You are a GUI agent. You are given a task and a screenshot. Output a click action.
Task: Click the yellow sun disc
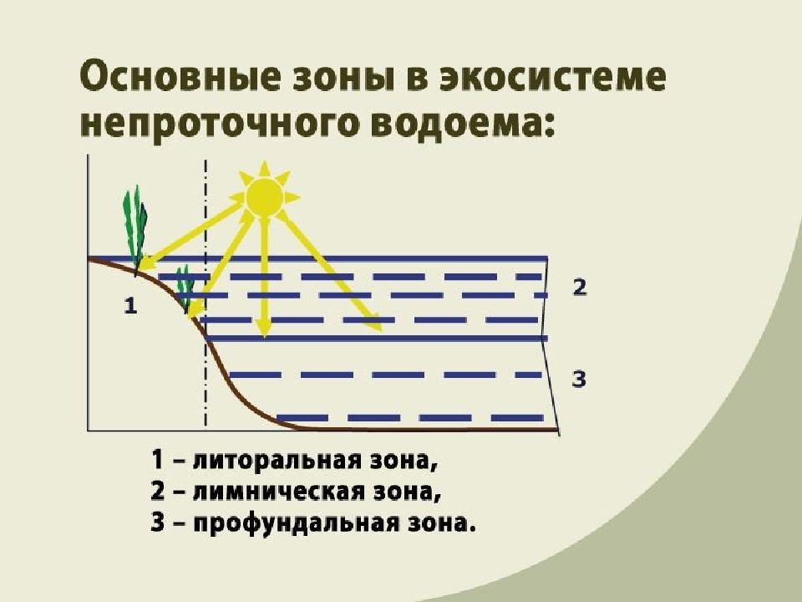(264, 197)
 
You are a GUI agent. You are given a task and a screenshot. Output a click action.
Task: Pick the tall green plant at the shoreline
(135, 231)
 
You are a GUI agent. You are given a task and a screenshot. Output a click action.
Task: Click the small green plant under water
(185, 288)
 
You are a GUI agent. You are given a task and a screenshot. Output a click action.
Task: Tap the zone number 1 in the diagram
(131, 306)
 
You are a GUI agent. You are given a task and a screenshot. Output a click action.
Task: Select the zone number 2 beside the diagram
(580, 288)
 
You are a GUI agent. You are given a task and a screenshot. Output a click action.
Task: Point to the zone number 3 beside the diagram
(578, 380)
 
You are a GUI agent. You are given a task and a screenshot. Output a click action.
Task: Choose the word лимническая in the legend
(279, 492)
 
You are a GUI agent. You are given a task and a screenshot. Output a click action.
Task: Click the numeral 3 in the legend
(158, 523)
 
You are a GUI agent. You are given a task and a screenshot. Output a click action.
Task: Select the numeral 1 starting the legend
(158, 460)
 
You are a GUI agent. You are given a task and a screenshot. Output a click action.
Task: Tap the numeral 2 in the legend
(158, 492)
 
